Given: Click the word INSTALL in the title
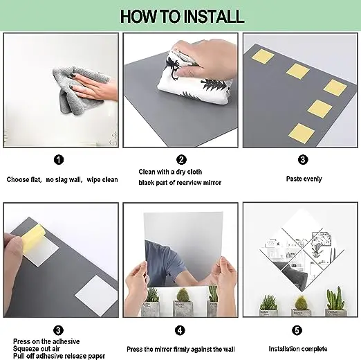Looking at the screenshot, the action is pos(214,17).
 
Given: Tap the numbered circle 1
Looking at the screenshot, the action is pos(59,160).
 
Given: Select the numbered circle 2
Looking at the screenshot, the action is pos(181,160).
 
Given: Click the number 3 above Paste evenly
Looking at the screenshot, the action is pos(303,160).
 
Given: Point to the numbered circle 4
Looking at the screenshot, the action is pos(180,330).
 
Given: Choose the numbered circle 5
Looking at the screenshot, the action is pos(297,330).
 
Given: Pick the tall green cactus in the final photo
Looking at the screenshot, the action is pos(335,298).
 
